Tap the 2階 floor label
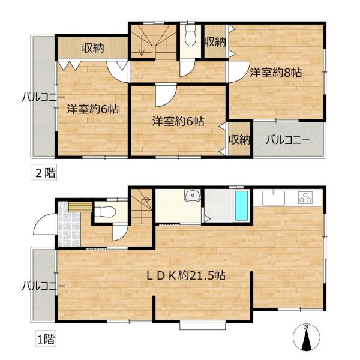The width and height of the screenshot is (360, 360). (44, 173)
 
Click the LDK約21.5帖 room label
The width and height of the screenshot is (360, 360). (186, 275)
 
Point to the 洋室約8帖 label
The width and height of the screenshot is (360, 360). (276, 73)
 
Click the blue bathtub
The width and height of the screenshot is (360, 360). (241, 206)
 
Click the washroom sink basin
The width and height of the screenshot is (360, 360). (193, 196)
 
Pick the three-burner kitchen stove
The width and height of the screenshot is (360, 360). (305, 197)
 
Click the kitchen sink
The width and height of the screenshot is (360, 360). (274, 197)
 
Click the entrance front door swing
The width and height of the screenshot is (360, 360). (44, 224)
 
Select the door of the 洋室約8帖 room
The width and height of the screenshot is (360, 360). (239, 71)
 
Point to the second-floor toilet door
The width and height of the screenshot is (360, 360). (187, 68)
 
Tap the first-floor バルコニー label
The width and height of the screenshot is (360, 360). (44, 286)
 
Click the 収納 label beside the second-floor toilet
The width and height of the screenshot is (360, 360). (215, 42)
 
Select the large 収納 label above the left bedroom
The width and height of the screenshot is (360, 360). (93, 48)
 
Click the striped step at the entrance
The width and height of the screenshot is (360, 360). (80, 206)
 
